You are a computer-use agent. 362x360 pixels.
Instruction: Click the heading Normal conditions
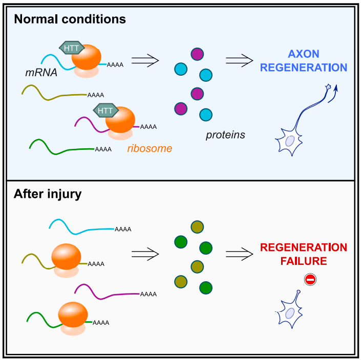70,20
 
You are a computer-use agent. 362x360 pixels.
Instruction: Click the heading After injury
48,195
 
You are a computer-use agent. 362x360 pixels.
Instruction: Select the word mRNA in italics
40,73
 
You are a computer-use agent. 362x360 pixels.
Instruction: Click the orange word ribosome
150,148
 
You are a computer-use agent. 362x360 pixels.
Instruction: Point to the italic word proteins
225,135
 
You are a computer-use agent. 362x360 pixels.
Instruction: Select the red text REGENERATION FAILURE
303,254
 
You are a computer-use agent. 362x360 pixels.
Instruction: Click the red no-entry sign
310,279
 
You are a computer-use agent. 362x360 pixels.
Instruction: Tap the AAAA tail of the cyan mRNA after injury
122,229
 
